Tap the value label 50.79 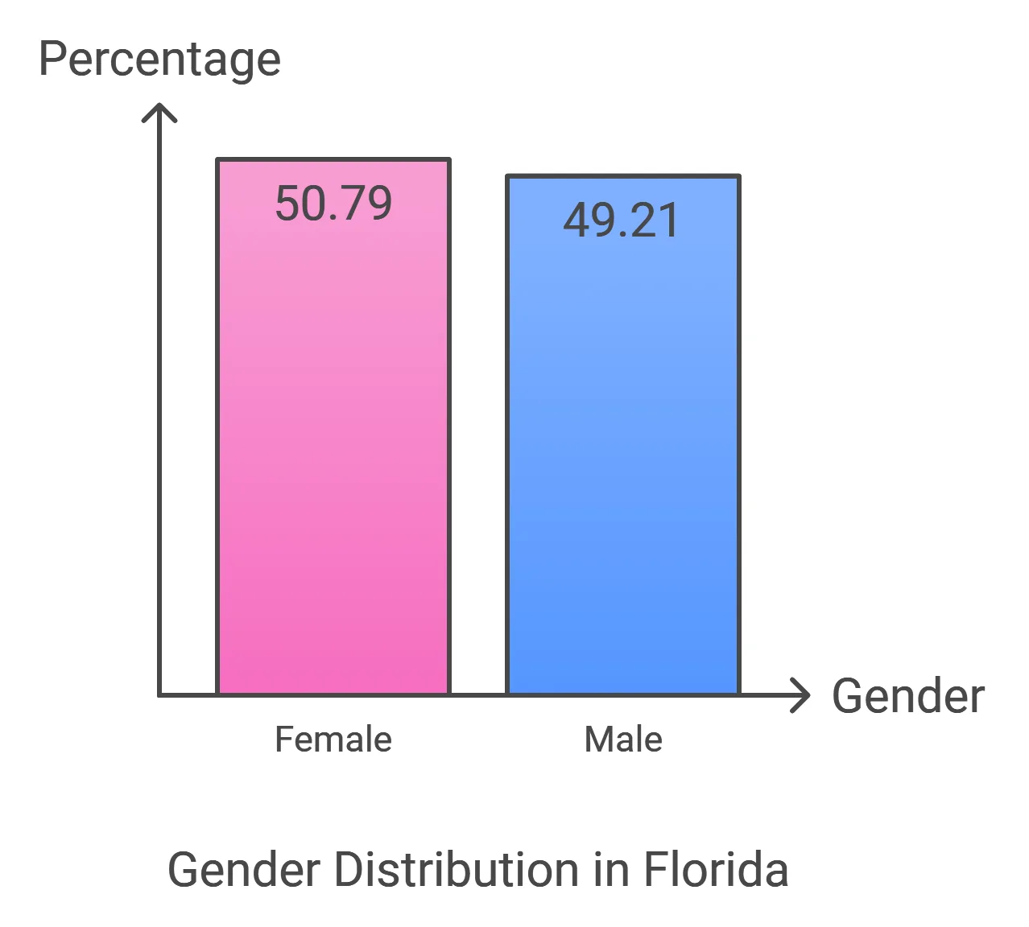pos(333,203)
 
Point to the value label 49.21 pos(622,220)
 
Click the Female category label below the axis pos(333,739)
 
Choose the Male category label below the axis pos(623,739)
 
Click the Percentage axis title pos(159,60)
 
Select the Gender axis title pos(907,696)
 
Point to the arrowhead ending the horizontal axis pos(802,695)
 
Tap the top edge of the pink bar pos(333,160)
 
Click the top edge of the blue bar pos(622,176)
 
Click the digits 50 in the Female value pos(298,203)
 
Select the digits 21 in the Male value pos(657,220)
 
